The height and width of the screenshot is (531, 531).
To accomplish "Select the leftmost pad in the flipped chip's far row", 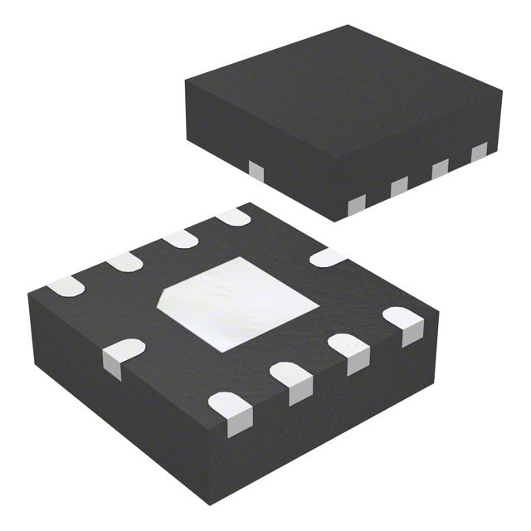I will coord(65,287).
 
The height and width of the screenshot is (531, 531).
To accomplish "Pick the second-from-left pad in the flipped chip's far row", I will coord(124,262).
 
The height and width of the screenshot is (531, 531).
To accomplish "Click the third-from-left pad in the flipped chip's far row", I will coord(179,239).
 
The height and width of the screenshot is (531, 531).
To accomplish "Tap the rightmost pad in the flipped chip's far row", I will coord(233,217).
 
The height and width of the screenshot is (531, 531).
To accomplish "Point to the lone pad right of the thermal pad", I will coord(327,257).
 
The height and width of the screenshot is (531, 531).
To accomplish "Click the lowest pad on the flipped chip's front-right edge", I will coord(229,411).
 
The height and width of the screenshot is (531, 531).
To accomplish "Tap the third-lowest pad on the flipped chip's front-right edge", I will coord(348,350).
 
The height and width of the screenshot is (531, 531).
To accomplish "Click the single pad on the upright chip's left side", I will coord(256,171).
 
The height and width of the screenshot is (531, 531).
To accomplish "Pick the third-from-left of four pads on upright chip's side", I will coord(439,168).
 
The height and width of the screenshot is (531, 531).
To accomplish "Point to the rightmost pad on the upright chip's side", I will coord(479,152).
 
